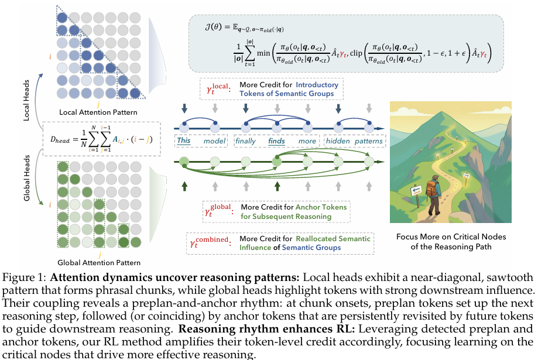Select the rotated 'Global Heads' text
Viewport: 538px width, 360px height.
pos(26,181)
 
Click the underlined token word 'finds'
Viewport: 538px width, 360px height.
pos(277,141)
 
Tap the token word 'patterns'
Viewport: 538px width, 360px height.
pos(368,141)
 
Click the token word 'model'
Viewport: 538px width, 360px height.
pos(214,141)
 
